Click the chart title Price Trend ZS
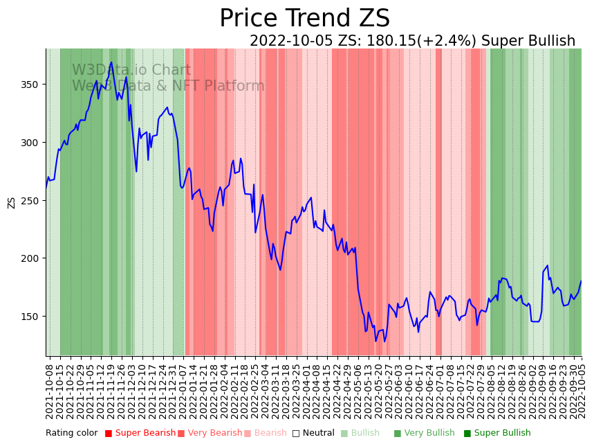point(304,19)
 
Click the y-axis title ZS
point(11,202)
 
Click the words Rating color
point(72,434)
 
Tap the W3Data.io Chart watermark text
point(131,70)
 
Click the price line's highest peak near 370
point(111,62)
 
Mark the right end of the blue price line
point(582,281)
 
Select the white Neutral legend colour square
point(296,434)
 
